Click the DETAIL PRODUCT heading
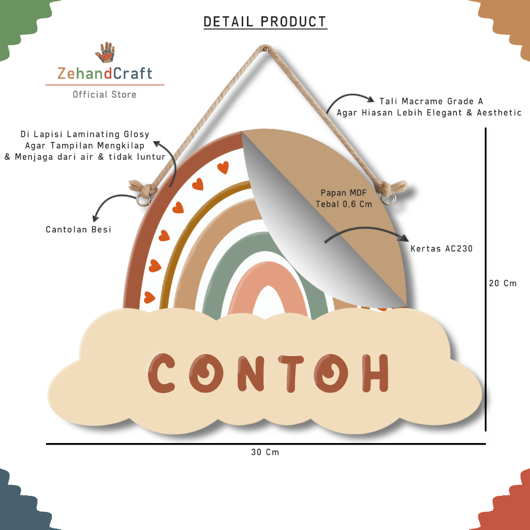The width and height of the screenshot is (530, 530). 265,22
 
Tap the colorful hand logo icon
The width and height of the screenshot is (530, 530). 105,53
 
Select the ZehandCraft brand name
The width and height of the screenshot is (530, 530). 105,73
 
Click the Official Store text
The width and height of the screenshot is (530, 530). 105,94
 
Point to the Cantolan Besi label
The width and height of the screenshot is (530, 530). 79,229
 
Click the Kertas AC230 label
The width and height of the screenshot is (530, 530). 441,249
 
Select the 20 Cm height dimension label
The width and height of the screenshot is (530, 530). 503,283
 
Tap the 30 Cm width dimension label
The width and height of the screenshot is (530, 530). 265,452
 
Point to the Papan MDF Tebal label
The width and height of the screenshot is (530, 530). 344,198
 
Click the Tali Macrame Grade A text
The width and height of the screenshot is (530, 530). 431,101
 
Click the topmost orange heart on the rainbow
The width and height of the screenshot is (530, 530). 223,167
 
